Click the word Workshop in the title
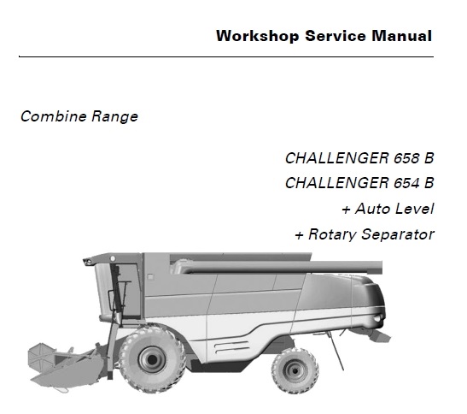258,36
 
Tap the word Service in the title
335,36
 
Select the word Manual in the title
401,36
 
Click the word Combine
54,115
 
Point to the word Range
114,116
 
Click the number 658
406,158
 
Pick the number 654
406,183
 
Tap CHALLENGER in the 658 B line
337,158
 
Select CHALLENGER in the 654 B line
337,183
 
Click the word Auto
372,209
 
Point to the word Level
415,209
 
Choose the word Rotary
332,234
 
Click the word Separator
398,234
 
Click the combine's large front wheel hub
152,359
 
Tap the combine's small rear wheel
295,370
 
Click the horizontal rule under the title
226,56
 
